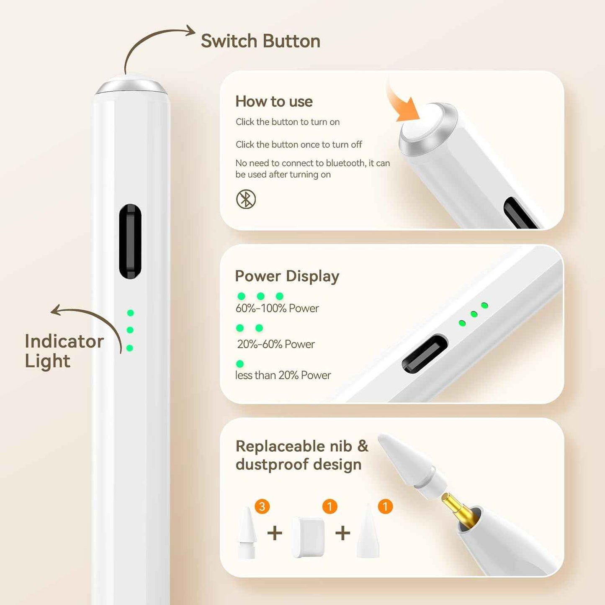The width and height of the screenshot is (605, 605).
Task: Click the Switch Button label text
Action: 260,41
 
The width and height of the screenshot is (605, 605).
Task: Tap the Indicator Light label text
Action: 64,351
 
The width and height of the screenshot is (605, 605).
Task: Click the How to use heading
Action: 274,101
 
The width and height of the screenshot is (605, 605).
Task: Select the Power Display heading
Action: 287,276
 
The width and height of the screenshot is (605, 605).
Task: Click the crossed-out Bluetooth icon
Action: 246,199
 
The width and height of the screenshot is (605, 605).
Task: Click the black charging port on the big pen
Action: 130,241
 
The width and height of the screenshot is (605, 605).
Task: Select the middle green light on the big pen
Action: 130,330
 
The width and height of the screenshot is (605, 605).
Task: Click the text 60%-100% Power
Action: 277,309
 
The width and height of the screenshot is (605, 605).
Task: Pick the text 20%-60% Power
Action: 276,344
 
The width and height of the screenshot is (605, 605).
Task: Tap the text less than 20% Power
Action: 283,375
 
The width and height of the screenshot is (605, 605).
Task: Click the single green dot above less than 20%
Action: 240,363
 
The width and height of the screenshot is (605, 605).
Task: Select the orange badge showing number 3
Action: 262,507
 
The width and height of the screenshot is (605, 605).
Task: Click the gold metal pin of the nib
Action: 458,509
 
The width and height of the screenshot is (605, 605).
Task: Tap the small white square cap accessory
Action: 308,537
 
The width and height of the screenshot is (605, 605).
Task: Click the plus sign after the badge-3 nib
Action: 275,533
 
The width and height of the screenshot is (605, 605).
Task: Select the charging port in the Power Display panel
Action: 425,353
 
